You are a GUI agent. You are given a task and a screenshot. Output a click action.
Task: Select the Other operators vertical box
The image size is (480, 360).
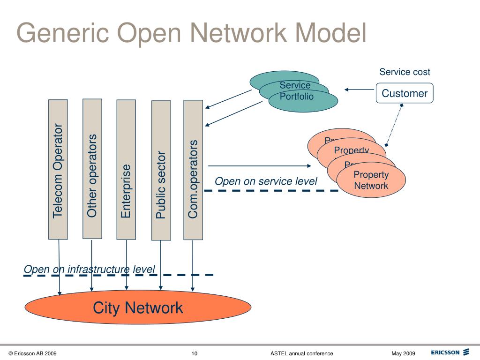click(92, 169)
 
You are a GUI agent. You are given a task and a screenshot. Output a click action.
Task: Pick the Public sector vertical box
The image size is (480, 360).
click(161, 171)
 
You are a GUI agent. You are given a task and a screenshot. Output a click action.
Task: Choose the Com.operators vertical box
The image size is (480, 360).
click(193, 170)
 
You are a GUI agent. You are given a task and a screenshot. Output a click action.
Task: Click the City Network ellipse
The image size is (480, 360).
click(138, 308)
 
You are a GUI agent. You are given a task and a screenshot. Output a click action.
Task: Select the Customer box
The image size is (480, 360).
click(405, 93)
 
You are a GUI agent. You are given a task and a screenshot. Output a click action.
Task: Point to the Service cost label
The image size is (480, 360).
click(405, 72)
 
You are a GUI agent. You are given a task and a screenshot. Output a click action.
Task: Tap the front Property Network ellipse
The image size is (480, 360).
click(371, 180)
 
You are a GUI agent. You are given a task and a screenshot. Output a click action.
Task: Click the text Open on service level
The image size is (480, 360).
click(266, 181)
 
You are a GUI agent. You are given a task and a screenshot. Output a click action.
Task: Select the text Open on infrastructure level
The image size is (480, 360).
click(89, 269)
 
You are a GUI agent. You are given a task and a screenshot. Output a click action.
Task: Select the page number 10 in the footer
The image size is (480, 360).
click(195, 353)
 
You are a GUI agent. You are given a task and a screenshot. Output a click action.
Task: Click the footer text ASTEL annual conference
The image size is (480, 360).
click(301, 353)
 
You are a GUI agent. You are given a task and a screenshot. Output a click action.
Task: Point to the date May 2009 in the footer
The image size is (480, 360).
click(403, 353)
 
